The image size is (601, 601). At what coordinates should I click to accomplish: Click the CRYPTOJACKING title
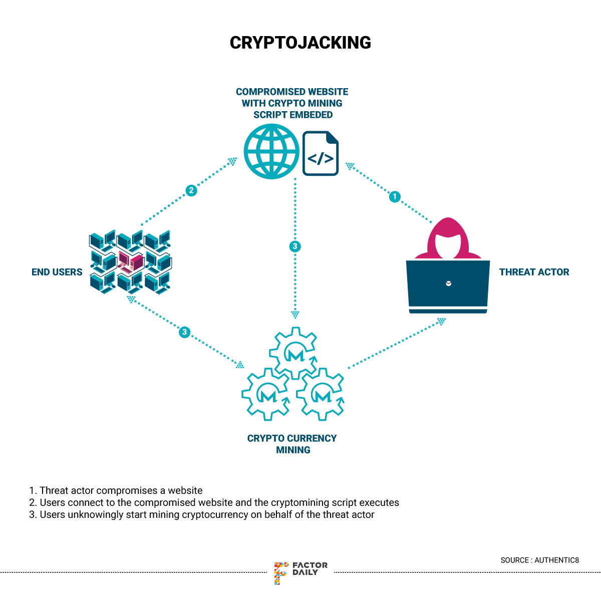300,43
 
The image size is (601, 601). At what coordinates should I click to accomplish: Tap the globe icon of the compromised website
271,151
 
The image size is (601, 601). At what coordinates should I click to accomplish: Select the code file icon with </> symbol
321,154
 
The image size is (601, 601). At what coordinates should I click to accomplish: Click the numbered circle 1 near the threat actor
395,196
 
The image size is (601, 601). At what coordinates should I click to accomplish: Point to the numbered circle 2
191,190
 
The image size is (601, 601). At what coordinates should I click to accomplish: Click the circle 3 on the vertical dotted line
295,246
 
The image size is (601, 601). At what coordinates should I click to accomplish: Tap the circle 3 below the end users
184,332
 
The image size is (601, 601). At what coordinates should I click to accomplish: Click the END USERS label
57,272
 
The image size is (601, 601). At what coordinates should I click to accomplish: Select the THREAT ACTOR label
534,272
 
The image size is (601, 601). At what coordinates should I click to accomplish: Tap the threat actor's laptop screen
448,283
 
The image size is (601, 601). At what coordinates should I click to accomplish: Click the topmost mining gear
293,353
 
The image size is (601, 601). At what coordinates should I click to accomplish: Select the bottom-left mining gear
266,394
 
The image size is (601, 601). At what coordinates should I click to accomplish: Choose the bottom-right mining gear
321,394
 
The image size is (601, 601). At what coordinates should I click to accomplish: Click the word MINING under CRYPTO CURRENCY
293,450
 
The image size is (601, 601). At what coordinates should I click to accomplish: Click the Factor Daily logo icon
280,572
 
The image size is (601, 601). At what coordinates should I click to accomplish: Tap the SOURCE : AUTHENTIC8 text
539,560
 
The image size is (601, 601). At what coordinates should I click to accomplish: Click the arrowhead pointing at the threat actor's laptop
441,321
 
